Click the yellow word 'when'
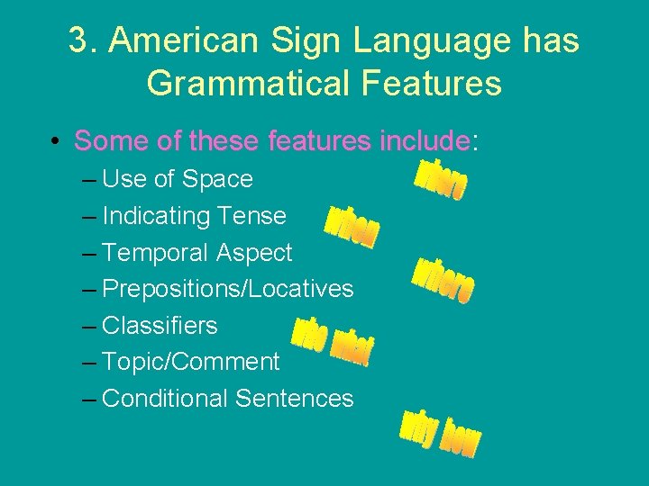pos(352,225)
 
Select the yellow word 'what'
pos(352,345)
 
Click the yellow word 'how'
pos(462,438)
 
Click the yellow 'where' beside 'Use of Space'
pos(440,180)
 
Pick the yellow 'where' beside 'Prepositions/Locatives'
pos(443,280)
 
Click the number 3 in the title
pos(78,41)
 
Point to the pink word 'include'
pos(425,140)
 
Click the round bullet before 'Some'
pos(56,141)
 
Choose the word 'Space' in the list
pos(217,179)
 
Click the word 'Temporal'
pos(156,253)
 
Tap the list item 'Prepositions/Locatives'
pos(228,289)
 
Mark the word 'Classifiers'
pos(160,325)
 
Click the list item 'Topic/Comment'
pos(191,362)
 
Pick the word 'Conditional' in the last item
pos(165,398)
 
